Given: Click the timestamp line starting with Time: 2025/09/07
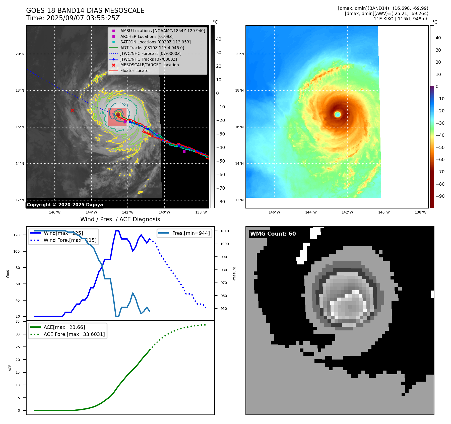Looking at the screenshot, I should click(73, 18).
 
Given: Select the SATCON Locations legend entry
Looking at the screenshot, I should click(155, 42).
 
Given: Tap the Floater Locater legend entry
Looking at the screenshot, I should click(135, 70).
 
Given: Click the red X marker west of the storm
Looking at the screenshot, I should click(72, 110).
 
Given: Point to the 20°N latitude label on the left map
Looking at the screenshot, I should click(20, 54).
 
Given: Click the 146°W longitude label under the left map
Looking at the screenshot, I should click(55, 212).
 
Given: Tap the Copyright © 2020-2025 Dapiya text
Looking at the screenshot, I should click(65, 205).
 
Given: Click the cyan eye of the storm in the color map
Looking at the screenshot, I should click(338, 114).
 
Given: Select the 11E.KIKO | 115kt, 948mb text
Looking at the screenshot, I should click(401, 19).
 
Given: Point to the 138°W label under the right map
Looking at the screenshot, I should click(420, 212).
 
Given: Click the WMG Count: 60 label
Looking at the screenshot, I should click(273, 234).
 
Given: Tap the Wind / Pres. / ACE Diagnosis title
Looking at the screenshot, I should click(120, 219).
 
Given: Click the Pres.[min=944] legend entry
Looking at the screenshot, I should click(191, 233).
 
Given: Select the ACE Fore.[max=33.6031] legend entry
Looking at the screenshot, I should click(74, 334).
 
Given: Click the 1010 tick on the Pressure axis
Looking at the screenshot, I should click(225, 231).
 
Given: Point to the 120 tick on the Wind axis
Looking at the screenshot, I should click(17, 235).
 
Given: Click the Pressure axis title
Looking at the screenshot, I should click(234, 274).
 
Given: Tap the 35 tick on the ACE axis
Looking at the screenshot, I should click(18, 321).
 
